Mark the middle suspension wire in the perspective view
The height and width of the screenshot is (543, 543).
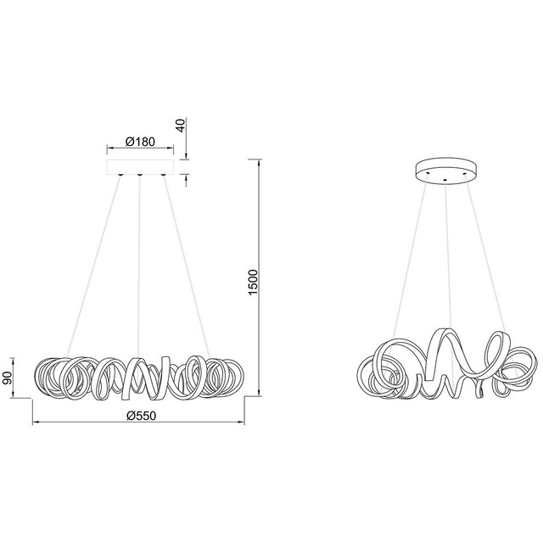[447, 255]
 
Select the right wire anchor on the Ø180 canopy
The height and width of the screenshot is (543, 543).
[164, 175]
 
